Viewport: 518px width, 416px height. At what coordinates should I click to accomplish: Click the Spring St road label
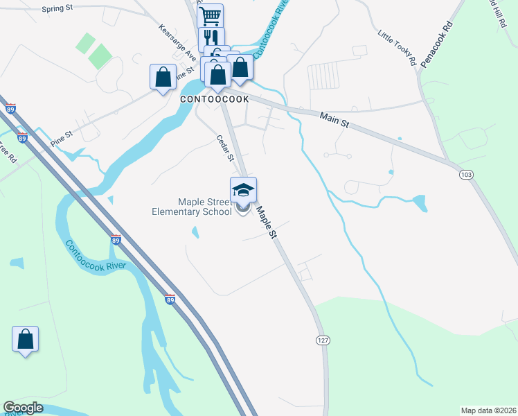(57, 9)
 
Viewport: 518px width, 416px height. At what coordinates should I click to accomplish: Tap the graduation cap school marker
(243, 190)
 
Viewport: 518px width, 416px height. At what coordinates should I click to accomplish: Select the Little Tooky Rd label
(398, 48)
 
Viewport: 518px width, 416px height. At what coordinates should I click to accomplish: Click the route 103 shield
(466, 175)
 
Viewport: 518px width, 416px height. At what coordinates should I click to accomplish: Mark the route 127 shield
(323, 341)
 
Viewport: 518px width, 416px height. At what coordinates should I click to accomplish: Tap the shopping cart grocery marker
(210, 15)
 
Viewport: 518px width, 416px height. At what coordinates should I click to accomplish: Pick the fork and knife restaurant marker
(211, 38)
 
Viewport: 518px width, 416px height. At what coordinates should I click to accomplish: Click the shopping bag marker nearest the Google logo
(25, 339)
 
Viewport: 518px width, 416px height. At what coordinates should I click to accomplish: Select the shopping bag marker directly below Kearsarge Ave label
(163, 77)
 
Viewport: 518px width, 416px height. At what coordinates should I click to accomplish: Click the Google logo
(23, 408)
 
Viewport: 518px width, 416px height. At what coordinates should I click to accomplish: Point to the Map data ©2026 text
(488, 410)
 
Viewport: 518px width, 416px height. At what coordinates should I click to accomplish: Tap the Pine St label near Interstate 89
(61, 139)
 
